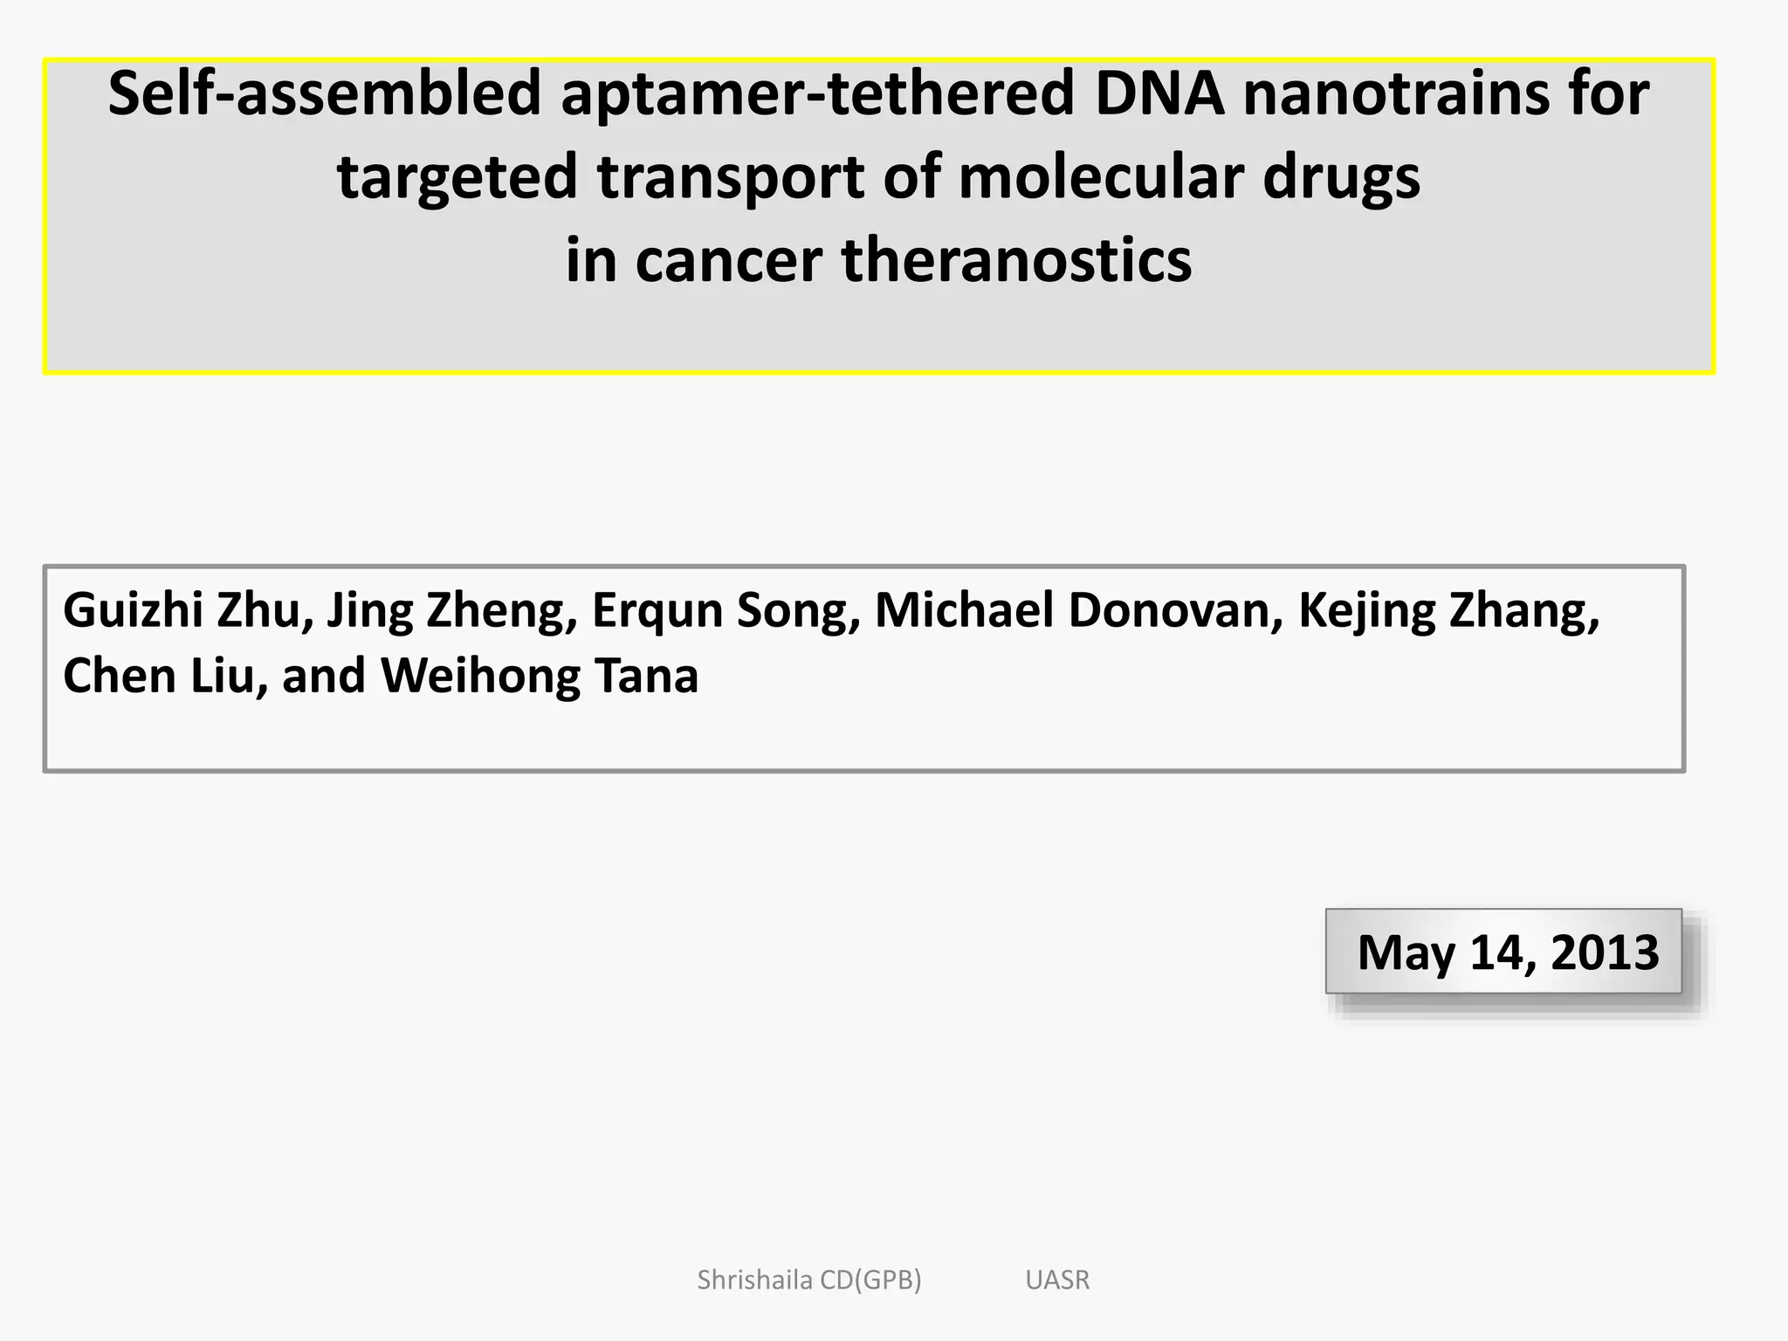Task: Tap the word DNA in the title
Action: [x=1159, y=93]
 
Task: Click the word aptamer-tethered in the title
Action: [x=817, y=93]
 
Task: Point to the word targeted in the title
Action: [x=457, y=177]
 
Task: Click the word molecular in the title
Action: [x=1099, y=177]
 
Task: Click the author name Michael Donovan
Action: [x=1079, y=610]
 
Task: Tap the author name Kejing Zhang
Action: [x=1448, y=610]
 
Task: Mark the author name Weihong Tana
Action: [x=540, y=676]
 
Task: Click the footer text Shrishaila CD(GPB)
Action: [x=808, y=1280]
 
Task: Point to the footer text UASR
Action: [x=1057, y=1280]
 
